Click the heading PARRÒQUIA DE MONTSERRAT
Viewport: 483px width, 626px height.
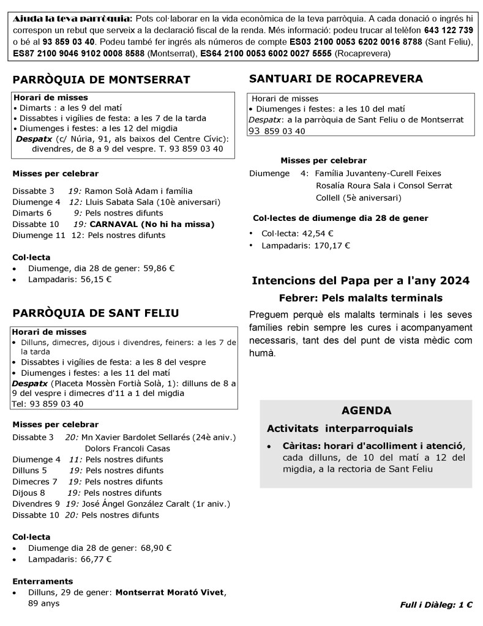[x=101, y=80]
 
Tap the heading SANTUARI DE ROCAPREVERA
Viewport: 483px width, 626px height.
[x=335, y=78]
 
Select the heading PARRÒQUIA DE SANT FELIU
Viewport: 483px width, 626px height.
[x=95, y=313]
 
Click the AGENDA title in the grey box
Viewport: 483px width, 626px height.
[x=366, y=411]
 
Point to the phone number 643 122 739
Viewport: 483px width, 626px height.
[x=448, y=30]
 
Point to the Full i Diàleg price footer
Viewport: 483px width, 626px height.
[x=436, y=605]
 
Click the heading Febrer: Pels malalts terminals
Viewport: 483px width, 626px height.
[x=360, y=298]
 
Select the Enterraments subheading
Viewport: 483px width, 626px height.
[x=42, y=581]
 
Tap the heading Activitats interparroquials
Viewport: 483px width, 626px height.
[x=340, y=428]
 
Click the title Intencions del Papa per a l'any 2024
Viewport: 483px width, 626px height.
[x=361, y=281]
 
